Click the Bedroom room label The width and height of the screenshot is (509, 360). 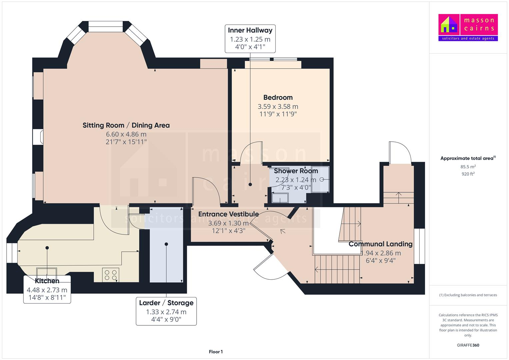coord(278,97)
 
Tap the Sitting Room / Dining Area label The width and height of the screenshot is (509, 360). coord(126,125)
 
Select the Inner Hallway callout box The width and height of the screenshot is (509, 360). coord(250,39)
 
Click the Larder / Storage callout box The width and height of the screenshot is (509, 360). coord(166,311)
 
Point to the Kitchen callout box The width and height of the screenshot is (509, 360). coord(47,289)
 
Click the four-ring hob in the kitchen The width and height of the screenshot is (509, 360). coord(111,275)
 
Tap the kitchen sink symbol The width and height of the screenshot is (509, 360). coord(47,272)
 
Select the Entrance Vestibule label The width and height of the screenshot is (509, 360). coord(228,214)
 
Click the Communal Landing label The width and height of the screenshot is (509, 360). coord(381,244)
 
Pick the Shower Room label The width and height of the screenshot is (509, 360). coord(296,171)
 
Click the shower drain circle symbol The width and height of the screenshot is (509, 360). coord(322,180)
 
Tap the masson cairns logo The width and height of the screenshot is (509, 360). coord(468,27)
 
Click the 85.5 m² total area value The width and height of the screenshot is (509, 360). coord(468,167)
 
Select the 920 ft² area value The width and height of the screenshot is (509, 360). coord(468,174)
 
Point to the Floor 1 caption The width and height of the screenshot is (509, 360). coord(216,352)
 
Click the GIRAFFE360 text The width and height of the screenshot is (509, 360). coord(468,345)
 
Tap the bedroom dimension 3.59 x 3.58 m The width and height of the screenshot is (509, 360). coord(278,107)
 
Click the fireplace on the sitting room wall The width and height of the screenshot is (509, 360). coord(38,137)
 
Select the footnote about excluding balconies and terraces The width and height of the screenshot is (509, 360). coord(468,295)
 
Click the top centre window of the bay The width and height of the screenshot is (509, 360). coord(105,27)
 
